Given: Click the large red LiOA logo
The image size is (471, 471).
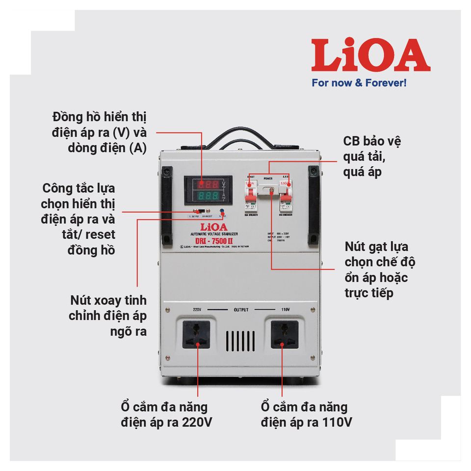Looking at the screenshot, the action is (x=370, y=55).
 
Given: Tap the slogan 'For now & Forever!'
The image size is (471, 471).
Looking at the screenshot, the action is (x=359, y=82).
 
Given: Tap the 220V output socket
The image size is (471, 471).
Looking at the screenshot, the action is (x=196, y=334).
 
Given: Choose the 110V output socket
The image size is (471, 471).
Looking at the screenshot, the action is (x=284, y=334).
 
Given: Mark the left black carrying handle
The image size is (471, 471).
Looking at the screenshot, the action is (x=167, y=206).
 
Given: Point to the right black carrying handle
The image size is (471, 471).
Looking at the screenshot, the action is (x=313, y=206).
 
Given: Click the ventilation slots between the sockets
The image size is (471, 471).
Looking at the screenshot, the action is (x=240, y=340).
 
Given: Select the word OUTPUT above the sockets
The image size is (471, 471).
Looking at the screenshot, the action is (x=241, y=310).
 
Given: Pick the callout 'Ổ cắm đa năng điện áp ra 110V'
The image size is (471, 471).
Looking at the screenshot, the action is (x=304, y=415).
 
